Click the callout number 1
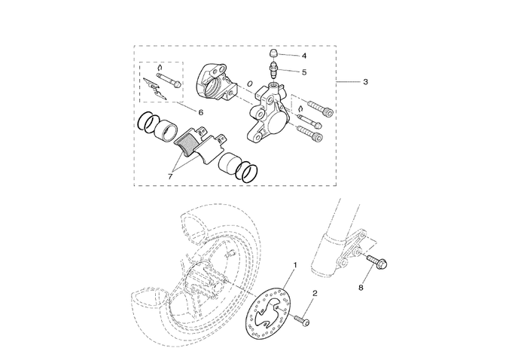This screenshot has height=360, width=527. [294, 265]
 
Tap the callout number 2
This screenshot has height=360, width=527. [315, 294]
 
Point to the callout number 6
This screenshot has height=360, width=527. [201, 112]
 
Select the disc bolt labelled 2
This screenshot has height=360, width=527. [303, 320]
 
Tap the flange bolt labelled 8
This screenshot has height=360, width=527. [376, 264]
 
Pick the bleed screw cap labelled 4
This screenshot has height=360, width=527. [275, 54]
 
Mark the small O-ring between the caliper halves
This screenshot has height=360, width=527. [250, 82]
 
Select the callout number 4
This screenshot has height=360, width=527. [304, 56]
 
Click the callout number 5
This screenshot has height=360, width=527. [304, 72]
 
